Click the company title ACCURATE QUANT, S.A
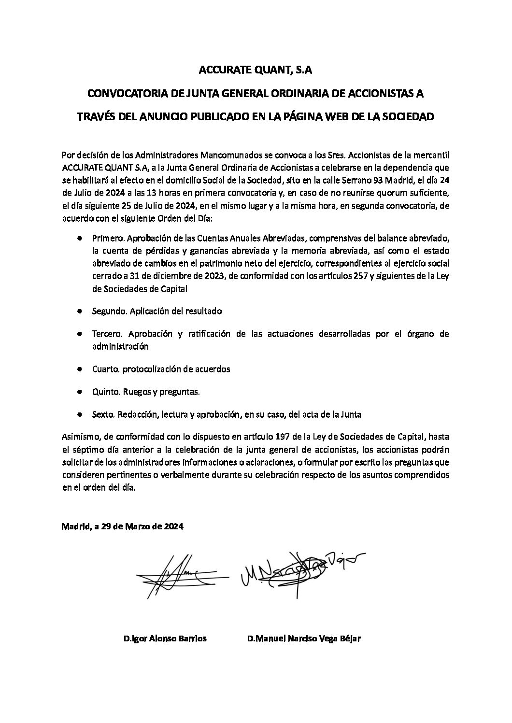pyautogui.click(x=256, y=71)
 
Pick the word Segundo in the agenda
pyautogui.click(x=109, y=311)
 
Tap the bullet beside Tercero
pyautogui.click(x=79, y=334)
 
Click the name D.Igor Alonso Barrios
pyautogui.click(x=165, y=638)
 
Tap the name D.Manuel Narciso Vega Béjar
pyautogui.click(x=304, y=638)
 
